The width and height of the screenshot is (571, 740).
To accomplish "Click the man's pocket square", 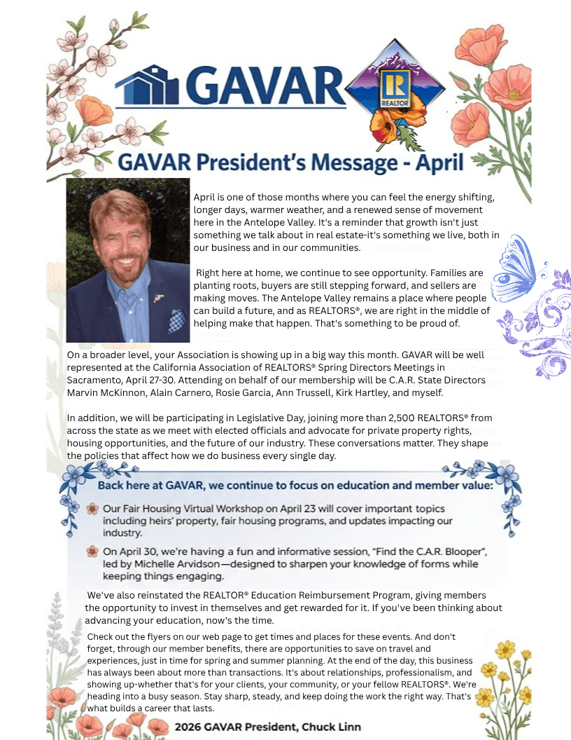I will click(x=176, y=320).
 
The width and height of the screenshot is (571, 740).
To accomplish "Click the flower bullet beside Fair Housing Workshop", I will click(x=92, y=509).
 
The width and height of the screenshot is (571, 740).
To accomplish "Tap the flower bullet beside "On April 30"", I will click(x=92, y=552).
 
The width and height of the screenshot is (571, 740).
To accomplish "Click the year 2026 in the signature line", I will click(x=190, y=727).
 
